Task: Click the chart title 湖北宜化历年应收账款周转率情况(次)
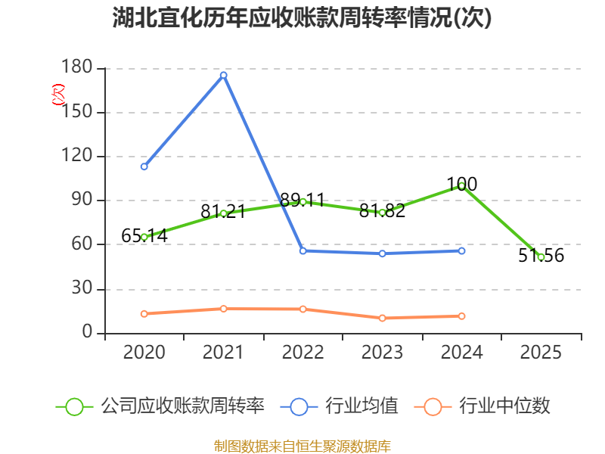[302, 17]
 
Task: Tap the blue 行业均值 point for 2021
[223, 75]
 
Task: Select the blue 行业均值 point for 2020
[144, 166]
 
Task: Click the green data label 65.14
[144, 235]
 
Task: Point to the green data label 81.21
[223, 212]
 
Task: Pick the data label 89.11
[302, 200]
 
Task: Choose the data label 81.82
[382, 211]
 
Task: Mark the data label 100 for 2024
[462, 184]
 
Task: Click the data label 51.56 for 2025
[541, 256]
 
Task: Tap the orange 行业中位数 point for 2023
[383, 318]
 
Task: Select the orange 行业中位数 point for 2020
[144, 314]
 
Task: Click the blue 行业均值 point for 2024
[462, 251]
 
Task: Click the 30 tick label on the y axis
[82, 288]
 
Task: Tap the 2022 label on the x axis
[303, 352]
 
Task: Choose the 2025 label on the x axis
[541, 352]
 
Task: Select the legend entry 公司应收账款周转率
[160, 406]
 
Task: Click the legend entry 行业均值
[339, 406]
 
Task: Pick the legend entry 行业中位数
[482, 406]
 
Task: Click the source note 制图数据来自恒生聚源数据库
[302, 446]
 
